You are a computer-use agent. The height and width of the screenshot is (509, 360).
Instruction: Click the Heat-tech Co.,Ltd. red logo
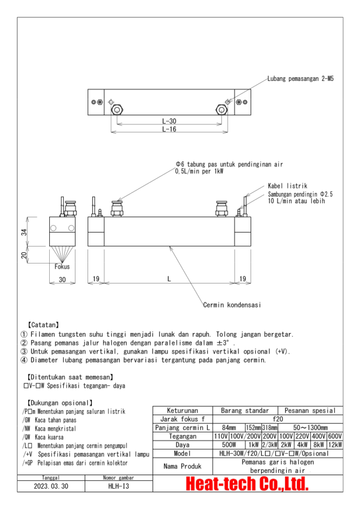pyautogui.click(x=247, y=483)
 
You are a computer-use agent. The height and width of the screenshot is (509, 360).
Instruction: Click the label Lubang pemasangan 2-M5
pyautogui.click(x=297, y=79)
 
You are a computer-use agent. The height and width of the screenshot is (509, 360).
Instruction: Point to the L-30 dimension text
pyautogui.click(x=169, y=121)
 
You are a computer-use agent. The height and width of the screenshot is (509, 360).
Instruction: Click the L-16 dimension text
pyautogui.click(x=169, y=129)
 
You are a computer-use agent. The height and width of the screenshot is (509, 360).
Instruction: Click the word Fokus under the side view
pyautogui.click(x=62, y=267)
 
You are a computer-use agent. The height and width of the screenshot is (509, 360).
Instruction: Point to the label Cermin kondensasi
pyautogui.click(x=232, y=305)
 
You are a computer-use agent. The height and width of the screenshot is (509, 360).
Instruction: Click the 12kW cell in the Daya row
pyautogui.click(x=335, y=445)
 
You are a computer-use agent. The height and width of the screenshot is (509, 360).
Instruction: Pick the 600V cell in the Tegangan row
pyautogui.click(x=335, y=436)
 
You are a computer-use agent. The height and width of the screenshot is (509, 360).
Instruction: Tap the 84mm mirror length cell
pyautogui.click(x=229, y=428)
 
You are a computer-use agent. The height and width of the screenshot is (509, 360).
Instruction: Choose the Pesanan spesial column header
pyautogui.click(x=310, y=411)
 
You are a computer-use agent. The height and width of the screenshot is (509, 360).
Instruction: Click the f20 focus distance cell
pyautogui.click(x=277, y=420)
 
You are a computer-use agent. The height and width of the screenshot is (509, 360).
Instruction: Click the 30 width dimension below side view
pyautogui.click(x=62, y=280)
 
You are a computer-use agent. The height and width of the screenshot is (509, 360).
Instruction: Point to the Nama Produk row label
pyautogui.click(x=182, y=466)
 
